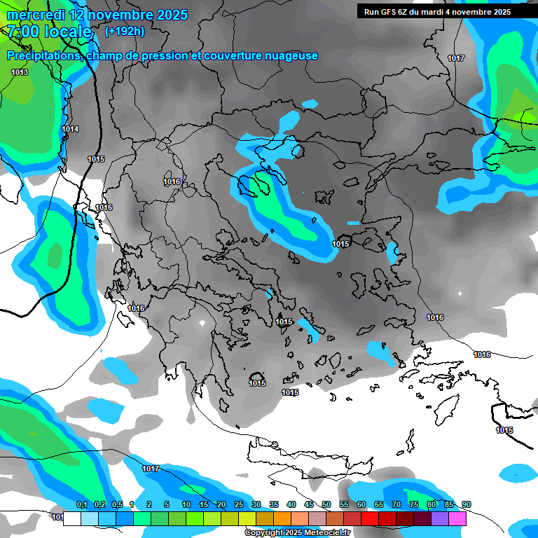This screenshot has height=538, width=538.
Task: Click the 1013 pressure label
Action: [20, 72]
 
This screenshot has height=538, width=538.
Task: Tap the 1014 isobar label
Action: [70, 129]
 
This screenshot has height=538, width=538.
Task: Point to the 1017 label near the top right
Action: [456, 58]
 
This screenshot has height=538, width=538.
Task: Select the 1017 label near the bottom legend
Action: [151, 469]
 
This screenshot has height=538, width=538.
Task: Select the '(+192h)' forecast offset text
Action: [124, 31]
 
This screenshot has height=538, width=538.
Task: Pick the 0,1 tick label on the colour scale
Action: [81, 505]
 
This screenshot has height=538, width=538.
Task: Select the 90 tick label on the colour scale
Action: [467, 505]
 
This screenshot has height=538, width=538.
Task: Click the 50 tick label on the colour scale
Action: [326, 505]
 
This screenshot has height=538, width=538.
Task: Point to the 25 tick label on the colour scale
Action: [239, 505]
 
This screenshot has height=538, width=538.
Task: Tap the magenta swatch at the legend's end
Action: [457, 518]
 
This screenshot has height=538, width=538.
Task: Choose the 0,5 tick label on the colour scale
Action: [116, 505]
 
